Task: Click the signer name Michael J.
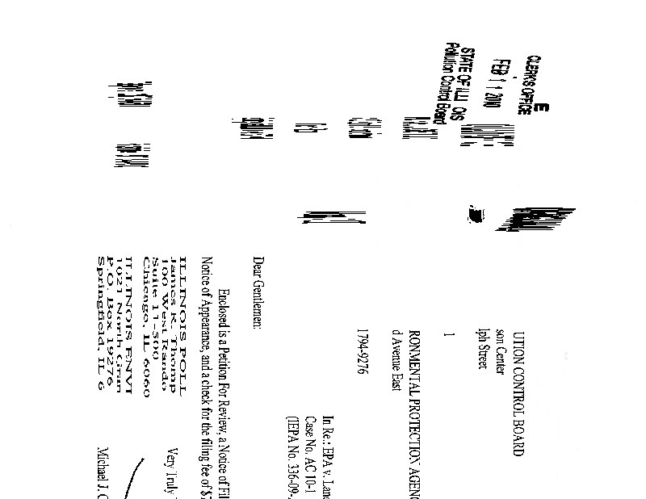pyautogui.click(x=103, y=472)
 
